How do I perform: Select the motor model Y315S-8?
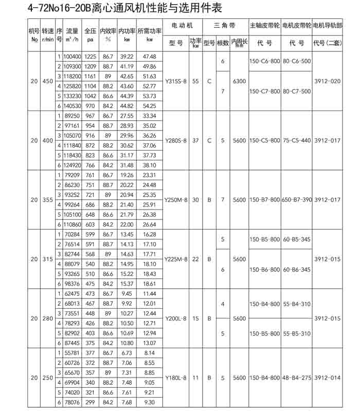[176, 81]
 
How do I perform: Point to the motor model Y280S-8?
[176, 140]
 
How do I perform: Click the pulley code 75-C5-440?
[297, 140]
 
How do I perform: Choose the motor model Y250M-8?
[176, 199]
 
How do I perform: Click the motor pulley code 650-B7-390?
[297, 199]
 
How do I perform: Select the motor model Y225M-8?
[176, 259]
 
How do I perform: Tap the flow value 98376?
[73, 283]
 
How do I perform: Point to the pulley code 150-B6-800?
[264, 269]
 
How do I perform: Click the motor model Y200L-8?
[176, 318]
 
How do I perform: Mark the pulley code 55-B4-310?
[297, 304]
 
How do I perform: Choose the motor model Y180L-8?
[176, 378]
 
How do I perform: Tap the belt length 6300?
[239, 81]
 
